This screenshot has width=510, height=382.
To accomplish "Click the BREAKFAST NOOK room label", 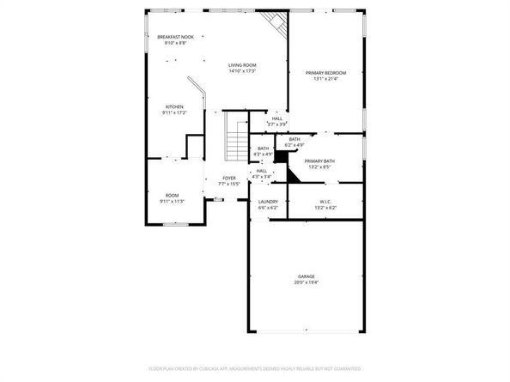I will coord(175,37).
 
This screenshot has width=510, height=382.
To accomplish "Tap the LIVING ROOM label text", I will coord(242,65).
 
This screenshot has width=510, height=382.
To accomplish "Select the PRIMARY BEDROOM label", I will coord(326,73).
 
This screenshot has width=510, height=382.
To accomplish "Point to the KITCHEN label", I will coord(174,107).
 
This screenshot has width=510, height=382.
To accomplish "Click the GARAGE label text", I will coord(307,276).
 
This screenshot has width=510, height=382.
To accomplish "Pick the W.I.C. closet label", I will coord(325,202).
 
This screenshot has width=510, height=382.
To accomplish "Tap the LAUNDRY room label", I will coord(268,202).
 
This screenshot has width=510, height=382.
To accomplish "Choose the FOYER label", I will coord(229,178).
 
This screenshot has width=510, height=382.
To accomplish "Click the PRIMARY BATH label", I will coord(319,161).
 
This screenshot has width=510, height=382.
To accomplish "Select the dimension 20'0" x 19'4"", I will coord(307,282).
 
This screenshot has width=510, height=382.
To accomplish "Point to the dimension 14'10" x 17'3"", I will coord(242,71).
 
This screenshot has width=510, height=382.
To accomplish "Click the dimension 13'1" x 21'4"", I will coord(326,79).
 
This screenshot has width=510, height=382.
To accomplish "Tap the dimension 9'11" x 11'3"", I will coord(173,201).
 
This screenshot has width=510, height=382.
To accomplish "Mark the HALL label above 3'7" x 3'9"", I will coord(277,118).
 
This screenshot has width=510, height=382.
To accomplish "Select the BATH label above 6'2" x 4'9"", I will coord(294,139).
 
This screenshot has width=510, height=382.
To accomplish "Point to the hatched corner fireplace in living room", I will coord(275,23).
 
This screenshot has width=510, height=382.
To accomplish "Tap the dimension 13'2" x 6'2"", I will coord(325,208).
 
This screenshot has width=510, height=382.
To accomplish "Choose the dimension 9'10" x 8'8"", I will coord(175,43).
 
